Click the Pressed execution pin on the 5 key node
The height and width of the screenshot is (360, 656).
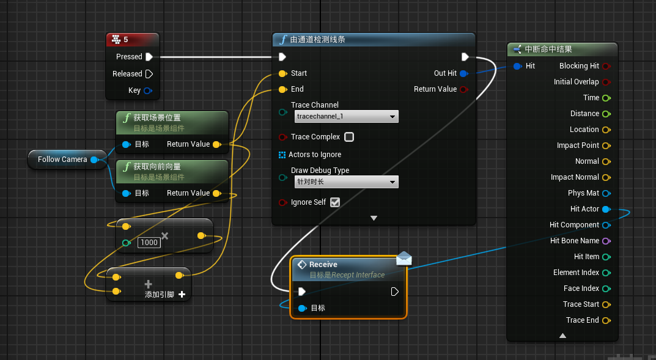tap(149, 57)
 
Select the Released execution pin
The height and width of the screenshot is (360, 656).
tap(149, 74)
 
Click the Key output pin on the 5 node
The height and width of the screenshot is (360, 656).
tap(147, 90)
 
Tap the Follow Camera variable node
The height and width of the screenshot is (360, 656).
tap(62, 160)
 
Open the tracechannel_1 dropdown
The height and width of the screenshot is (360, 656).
tap(346, 116)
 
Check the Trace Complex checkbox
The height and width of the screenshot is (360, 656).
tap(349, 137)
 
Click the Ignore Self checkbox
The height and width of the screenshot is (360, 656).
tap(334, 202)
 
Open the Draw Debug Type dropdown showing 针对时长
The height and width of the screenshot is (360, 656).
tap(346, 182)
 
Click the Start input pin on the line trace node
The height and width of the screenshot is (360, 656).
tap(282, 73)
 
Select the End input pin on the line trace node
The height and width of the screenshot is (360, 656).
tap(282, 89)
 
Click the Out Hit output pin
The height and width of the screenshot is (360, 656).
tap(463, 73)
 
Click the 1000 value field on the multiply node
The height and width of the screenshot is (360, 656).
tap(149, 243)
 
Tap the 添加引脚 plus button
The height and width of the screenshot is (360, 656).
tap(182, 295)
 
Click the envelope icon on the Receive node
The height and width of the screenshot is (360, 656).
tap(404, 259)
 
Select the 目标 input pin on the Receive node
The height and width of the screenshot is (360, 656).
tap(302, 308)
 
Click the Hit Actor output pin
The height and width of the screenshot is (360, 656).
tap(606, 209)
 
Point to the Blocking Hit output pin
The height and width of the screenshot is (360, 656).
tap(606, 66)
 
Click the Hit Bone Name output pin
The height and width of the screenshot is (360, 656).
tap(606, 241)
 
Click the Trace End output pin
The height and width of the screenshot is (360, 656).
tap(606, 320)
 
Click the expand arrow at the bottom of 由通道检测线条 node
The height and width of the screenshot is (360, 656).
tap(374, 218)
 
